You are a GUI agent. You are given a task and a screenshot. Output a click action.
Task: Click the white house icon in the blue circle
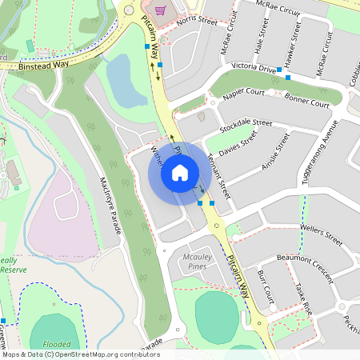tap(180, 172)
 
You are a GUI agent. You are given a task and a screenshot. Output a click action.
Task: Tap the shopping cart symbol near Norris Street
tap(160, 10)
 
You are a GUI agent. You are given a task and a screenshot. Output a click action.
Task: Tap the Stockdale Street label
tap(246, 126)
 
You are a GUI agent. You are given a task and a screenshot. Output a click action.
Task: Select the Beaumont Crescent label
tap(304, 265)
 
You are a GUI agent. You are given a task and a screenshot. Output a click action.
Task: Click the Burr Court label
tap(266, 290)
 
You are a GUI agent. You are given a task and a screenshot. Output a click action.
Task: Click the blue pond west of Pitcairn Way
tap(123, 80)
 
